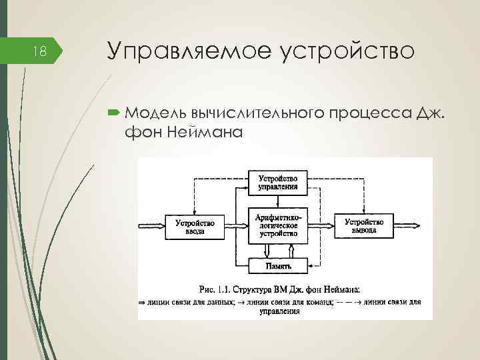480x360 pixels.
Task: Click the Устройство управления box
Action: coord(277,182)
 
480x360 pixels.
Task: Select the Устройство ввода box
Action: coord(194,227)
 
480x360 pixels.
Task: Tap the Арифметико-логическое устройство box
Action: coord(277,225)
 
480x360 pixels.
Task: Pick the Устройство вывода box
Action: coord(364,226)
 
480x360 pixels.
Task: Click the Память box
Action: coord(278,265)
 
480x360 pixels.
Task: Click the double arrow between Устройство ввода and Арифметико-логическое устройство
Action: coord(236,227)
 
